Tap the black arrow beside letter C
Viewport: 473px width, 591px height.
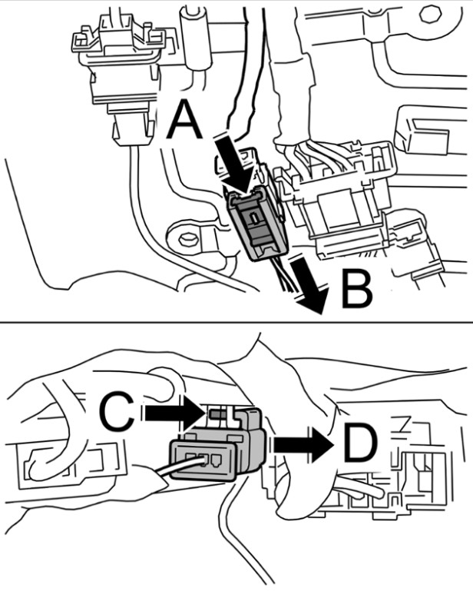pos(176,413)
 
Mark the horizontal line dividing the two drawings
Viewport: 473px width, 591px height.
pos(237,323)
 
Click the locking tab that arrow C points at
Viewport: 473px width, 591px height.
pos(217,413)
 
